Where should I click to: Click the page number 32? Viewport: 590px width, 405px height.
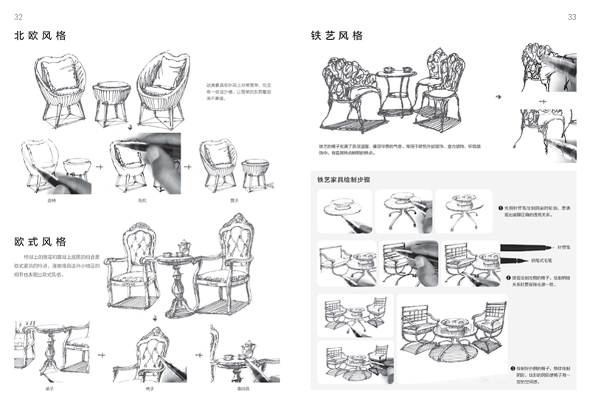[x=18, y=17]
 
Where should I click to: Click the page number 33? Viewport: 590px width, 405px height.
[x=572, y=17]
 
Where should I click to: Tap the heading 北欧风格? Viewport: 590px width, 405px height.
[x=40, y=35]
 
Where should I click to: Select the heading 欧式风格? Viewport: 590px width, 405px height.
[x=40, y=241]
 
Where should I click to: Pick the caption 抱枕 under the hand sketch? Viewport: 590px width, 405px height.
[x=142, y=200]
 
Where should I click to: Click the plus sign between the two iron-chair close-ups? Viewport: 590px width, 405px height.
[x=543, y=100]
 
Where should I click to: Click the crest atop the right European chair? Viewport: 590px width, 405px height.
[x=241, y=219]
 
